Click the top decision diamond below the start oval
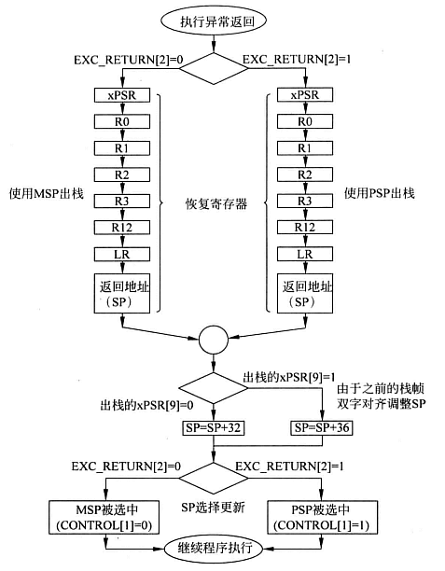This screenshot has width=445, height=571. [215, 67]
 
